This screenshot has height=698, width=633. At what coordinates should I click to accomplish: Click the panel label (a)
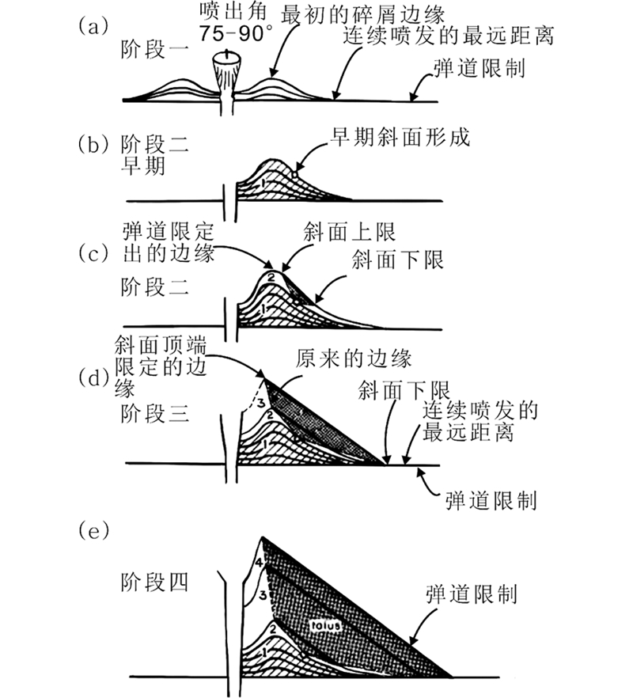click(92, 25)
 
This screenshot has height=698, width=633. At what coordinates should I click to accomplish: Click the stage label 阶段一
click(154, 51)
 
